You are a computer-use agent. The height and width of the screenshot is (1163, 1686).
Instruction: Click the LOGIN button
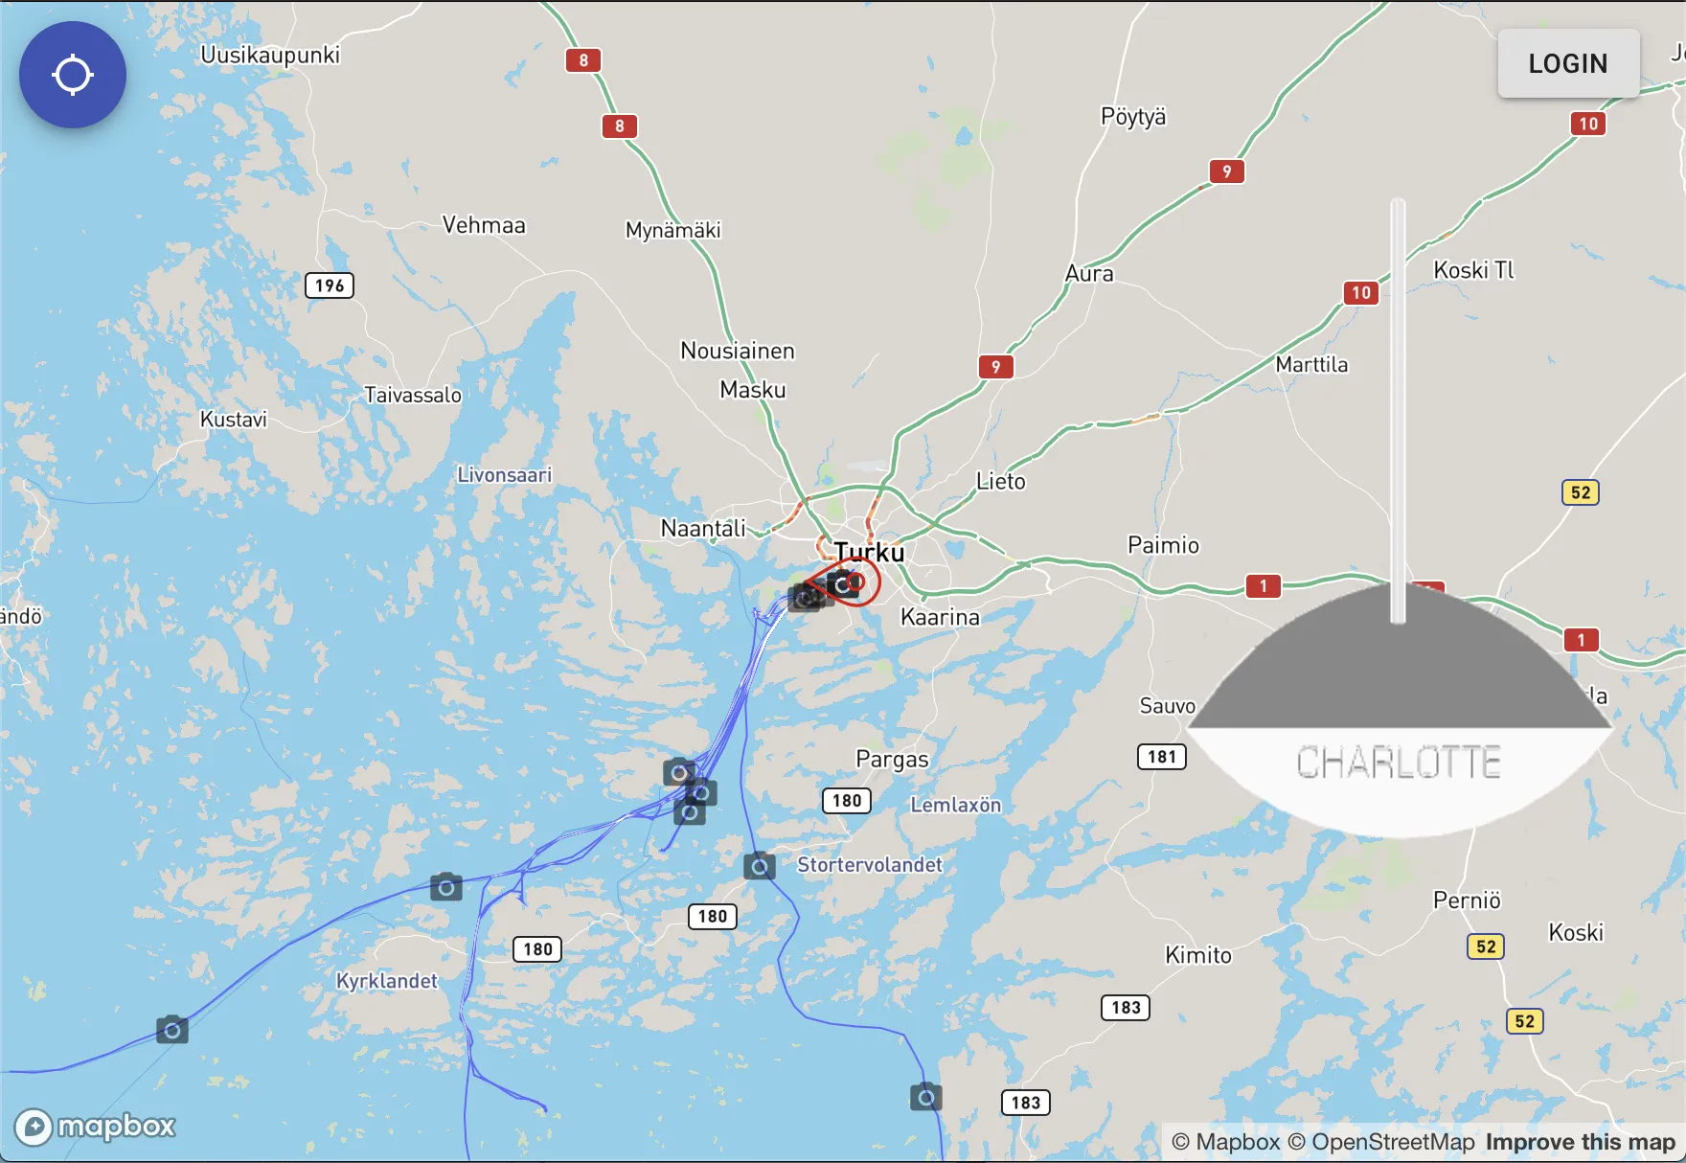1568,63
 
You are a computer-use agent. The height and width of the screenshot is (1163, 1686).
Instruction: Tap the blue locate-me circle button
73,75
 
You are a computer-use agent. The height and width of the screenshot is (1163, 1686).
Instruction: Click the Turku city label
869,552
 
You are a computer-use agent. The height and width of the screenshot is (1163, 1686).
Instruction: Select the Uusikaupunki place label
270,55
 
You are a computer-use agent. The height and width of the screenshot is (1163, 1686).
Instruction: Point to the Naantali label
703,528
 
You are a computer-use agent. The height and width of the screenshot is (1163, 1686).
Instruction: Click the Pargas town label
892,760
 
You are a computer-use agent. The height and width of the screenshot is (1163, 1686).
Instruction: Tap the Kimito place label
1198,955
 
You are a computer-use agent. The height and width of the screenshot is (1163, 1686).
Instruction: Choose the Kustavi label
234,420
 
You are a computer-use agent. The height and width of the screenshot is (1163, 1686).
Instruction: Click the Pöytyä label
1133,117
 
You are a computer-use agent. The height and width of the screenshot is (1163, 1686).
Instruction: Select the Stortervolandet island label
870,865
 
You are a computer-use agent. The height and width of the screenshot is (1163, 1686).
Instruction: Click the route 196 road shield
330,285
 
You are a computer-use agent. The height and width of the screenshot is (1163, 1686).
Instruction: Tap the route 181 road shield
1162,757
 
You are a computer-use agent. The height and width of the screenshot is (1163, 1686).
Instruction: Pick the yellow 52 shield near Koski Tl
1581,492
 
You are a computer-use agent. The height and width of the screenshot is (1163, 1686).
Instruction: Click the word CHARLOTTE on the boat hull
1399,764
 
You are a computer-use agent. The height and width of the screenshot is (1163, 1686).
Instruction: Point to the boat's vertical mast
1399,402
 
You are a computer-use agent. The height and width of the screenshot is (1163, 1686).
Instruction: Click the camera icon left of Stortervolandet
760,867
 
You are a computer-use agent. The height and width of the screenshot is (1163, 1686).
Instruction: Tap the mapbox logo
96,1127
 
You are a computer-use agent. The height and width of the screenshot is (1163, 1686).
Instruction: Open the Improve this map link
1580,1142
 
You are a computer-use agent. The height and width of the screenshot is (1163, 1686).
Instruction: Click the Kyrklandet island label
386,981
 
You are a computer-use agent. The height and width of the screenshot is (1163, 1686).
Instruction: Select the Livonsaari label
505,475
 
